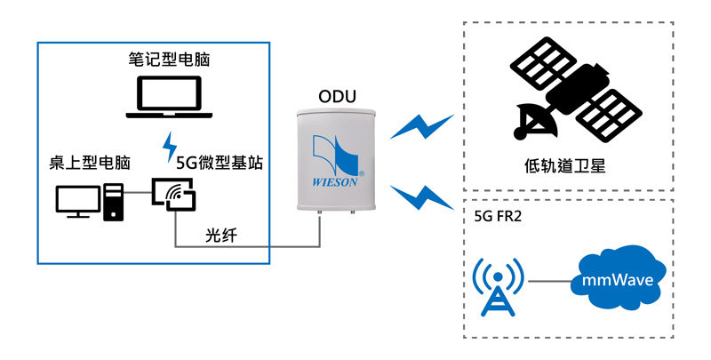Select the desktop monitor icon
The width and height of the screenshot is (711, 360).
pos(76,201)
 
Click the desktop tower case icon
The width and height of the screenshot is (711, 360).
pos(113,201)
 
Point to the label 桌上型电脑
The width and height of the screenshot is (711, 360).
pos(90,164)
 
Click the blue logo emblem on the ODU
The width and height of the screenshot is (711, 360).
pos(336,155)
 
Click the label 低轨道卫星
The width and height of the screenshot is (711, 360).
pos(564,164)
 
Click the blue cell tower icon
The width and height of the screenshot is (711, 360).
pos(496,285)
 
